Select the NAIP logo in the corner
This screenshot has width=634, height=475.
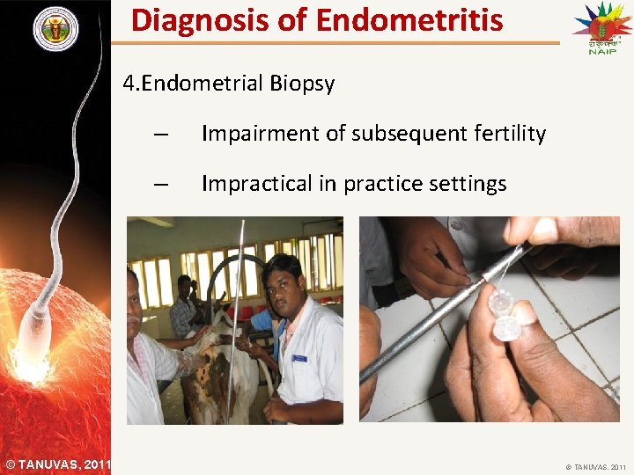601,28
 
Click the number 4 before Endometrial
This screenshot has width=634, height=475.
129,84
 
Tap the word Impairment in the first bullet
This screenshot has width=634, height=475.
258,134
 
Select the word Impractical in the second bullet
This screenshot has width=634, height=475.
256,184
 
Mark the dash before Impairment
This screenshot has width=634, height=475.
159,135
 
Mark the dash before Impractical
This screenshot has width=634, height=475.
159,185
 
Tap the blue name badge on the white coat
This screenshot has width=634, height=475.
299,359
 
